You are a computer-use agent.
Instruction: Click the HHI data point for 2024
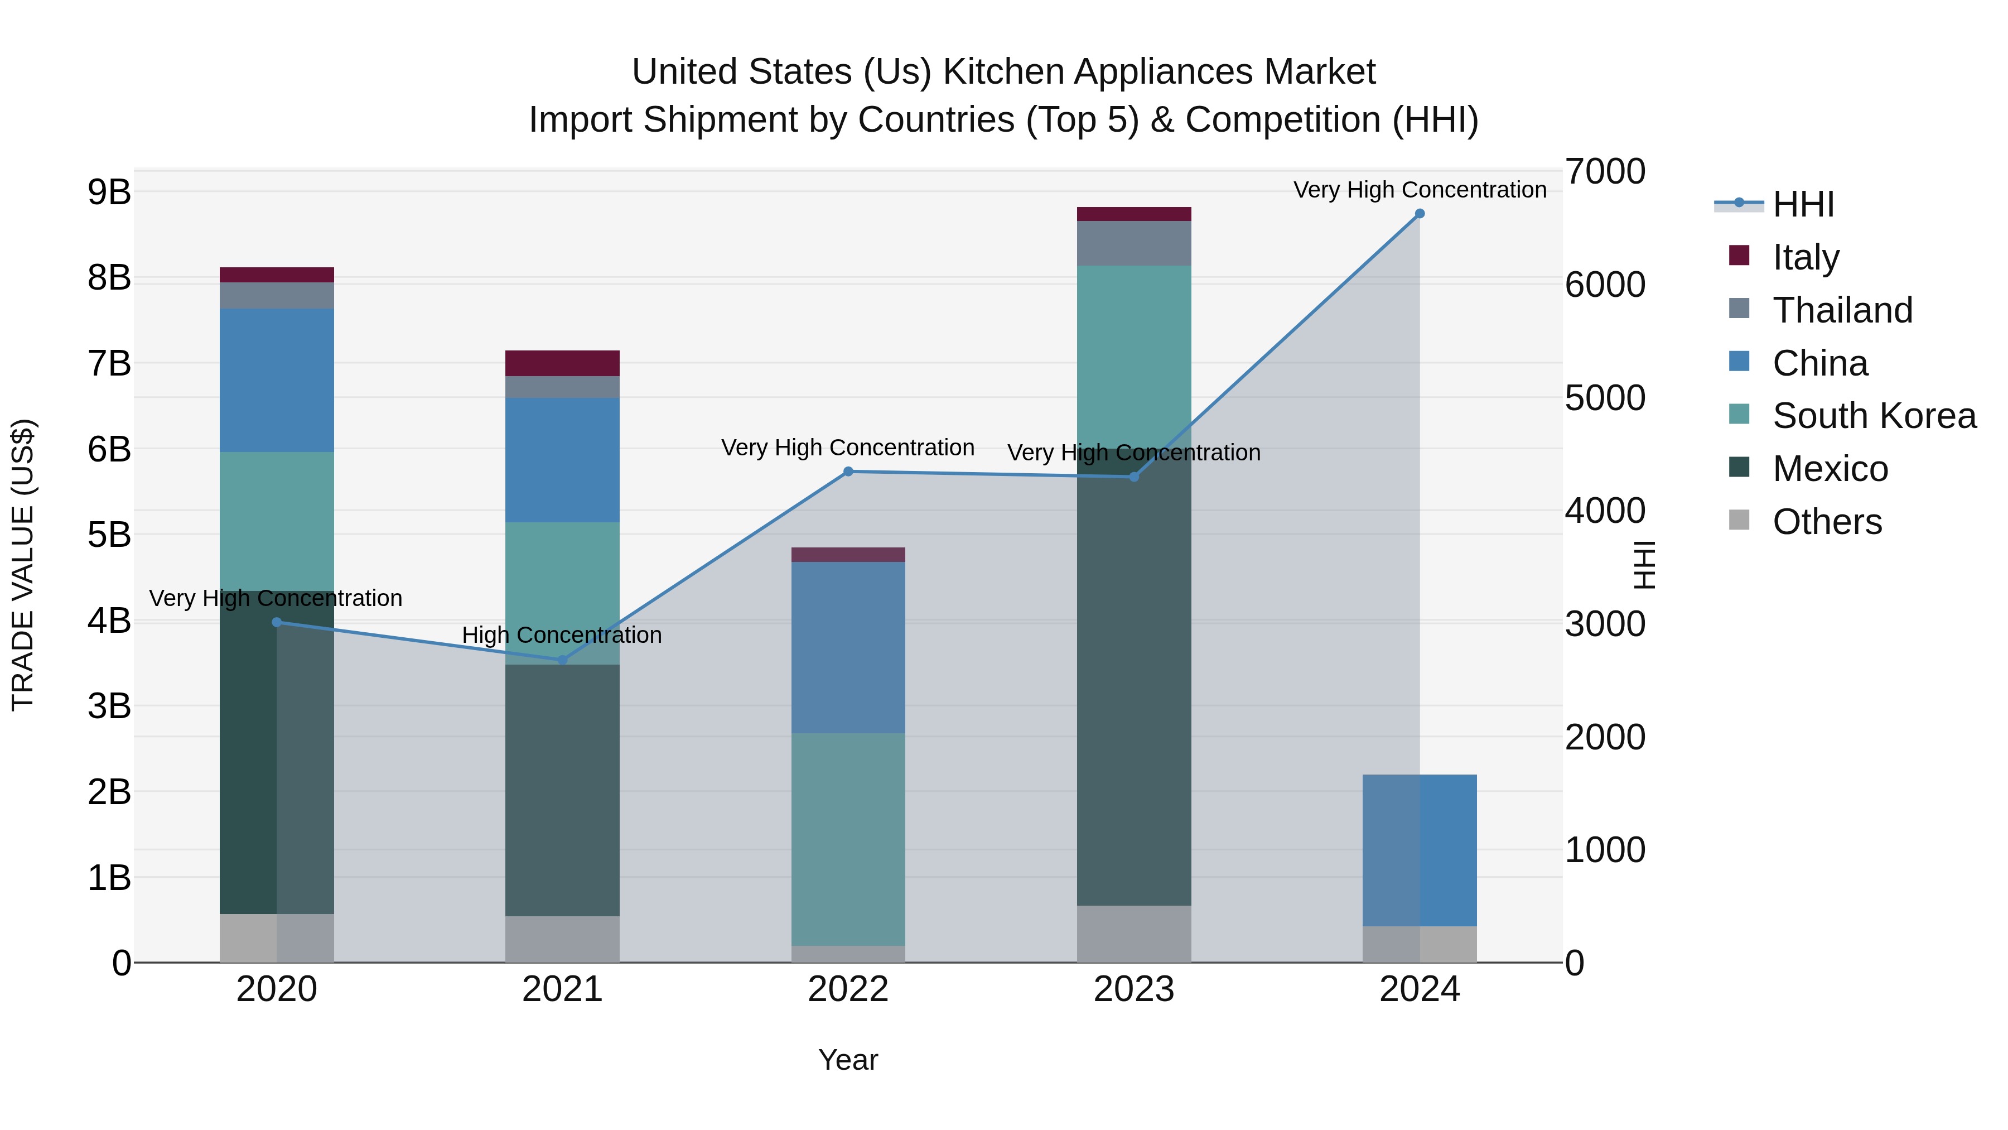click(x=1420, y=214)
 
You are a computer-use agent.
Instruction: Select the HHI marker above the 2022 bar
click(x=848, y=471)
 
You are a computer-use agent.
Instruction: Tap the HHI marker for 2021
click(x=562, y=660)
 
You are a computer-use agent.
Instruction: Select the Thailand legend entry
click(x=1841, y=310)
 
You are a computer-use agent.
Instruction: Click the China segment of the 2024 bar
click(x=1420, y=850)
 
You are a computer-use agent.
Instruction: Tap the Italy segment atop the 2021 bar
click(x=562, y=363)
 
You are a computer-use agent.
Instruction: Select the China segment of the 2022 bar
click(x=848, y=647)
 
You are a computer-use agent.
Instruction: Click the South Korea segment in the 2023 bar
click(x=1134, y=351)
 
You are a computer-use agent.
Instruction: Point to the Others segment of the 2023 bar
click(x=1134, y=934)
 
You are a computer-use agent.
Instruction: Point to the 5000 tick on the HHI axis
click(x=1604, y=398)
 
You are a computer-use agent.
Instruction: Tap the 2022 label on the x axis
click(x=848, y=989)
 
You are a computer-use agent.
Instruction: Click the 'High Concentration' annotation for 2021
click(x=562, y=635)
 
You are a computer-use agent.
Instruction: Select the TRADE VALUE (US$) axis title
click(x=23, y=565)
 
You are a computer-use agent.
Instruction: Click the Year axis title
click(x=848, y=1060)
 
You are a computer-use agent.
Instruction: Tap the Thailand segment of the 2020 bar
click(x=277, y=296)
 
